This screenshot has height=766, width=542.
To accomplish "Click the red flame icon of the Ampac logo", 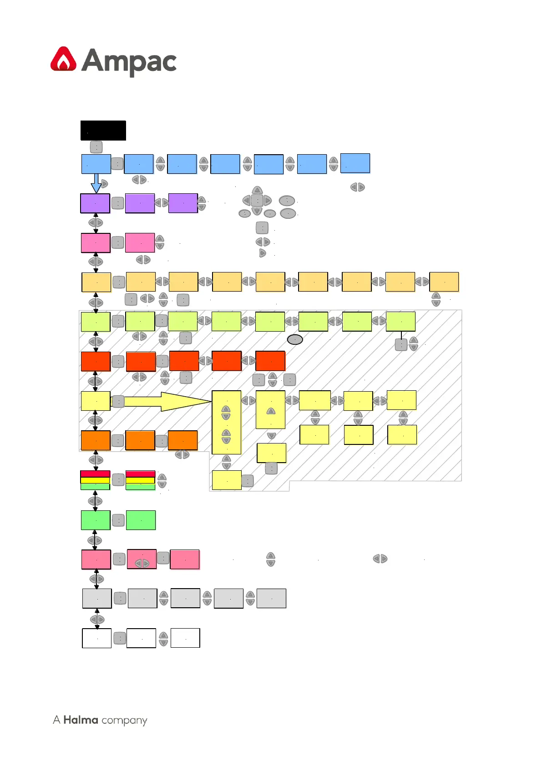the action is click(64, 59).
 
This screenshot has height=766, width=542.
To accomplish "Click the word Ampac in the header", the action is click(129, 62).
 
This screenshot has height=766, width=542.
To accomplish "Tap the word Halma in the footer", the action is click(81, 720).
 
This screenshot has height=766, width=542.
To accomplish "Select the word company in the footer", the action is click(124, 721).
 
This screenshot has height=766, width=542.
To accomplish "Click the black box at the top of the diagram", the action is click(103, 131).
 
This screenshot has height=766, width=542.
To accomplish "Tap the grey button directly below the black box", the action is click(96, 147).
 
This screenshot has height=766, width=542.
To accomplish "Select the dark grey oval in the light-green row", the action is click(295, 339).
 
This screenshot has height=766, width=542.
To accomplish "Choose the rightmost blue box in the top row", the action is click(355, 163).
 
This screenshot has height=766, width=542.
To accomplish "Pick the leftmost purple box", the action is click(95, 203).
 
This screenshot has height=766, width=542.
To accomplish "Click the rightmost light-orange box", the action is click(444, 282).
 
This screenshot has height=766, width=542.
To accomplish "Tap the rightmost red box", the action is click(270, 361).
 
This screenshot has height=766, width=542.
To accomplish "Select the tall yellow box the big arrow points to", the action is click(227, 422).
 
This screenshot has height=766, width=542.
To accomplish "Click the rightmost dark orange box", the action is click(183, 440).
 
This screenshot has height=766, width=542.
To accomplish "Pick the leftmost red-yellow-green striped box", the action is click(95, 480).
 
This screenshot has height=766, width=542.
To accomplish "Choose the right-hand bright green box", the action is click(141, 520).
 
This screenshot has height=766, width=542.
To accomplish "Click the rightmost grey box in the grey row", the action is click(271, 598).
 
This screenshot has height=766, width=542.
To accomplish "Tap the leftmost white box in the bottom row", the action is click(96, 638).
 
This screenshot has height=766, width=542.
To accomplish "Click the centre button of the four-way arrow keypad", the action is click(257, 200).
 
